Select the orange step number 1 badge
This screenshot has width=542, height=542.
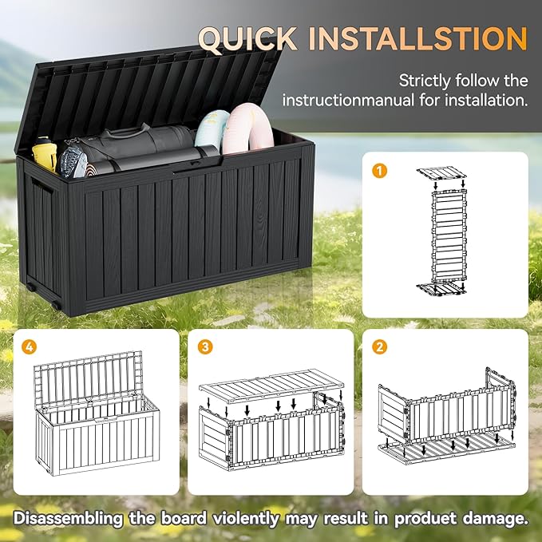click(x=380, y=169)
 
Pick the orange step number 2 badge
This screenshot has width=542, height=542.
click(x=380, y=346)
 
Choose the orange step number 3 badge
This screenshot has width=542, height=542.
click(x=207, y=346)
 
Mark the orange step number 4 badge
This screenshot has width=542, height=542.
click(x=30, y=346)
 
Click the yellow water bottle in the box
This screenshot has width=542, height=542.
click(x=45, y=153)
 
